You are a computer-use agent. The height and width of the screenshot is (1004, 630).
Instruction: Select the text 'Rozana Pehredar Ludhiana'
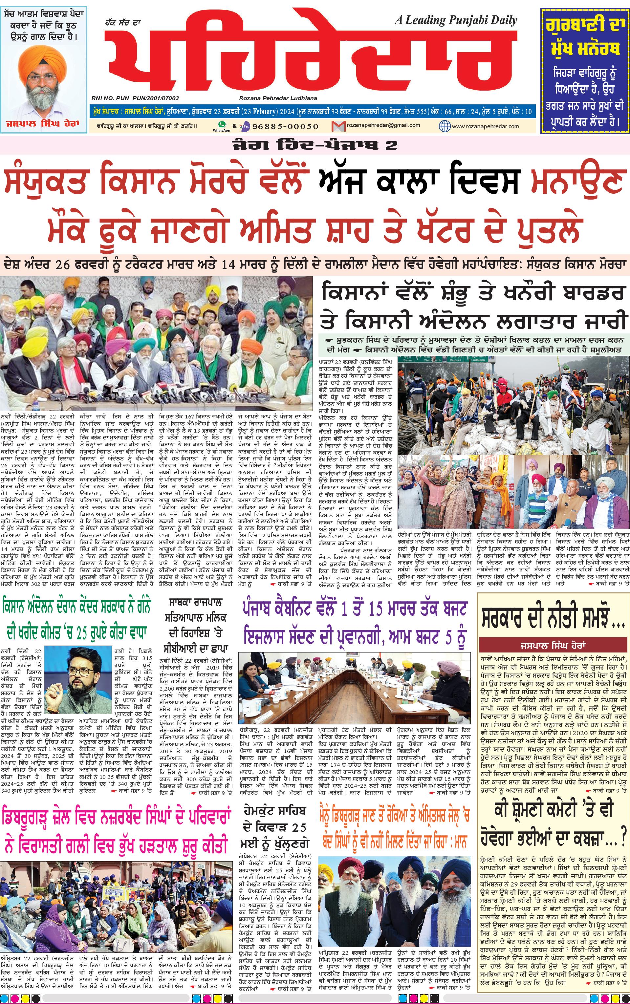(278, 98)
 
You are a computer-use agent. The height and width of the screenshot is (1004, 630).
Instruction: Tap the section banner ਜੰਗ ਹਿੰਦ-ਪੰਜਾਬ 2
(315, 145)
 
